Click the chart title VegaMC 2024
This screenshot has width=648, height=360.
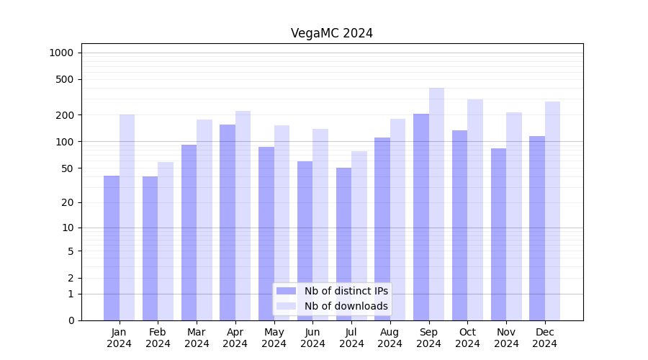pyautogui.click(x=332, y=33)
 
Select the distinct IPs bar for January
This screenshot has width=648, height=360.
pyautogui.click(x=112, y=248)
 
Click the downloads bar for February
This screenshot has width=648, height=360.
pyautogui.click(x=166, y=241)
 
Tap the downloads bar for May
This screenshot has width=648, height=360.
pyautogui.click(x=282, y=222)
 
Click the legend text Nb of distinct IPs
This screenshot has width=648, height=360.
pyautogui.click(x=346, y=291)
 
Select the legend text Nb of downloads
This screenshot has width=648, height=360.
pyautogui.click(x=346, y=306)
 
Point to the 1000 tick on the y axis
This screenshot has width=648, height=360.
pyautogui.click(x=61, y=53)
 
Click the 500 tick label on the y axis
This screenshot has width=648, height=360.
pyautogui.click(x=65, y=79)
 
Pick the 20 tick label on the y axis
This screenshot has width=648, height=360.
pyautogui.click(x=67, y=202)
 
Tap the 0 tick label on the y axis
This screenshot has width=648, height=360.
pyautogui.click(x=71, y=320)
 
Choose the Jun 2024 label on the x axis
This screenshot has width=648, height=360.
pyautogui.click(x=312, y=338)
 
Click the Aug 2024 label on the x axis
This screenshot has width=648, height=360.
pyautogui.click(x=390, y=338)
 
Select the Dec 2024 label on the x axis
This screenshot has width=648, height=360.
pyautogui.click(x=545, y=338)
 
